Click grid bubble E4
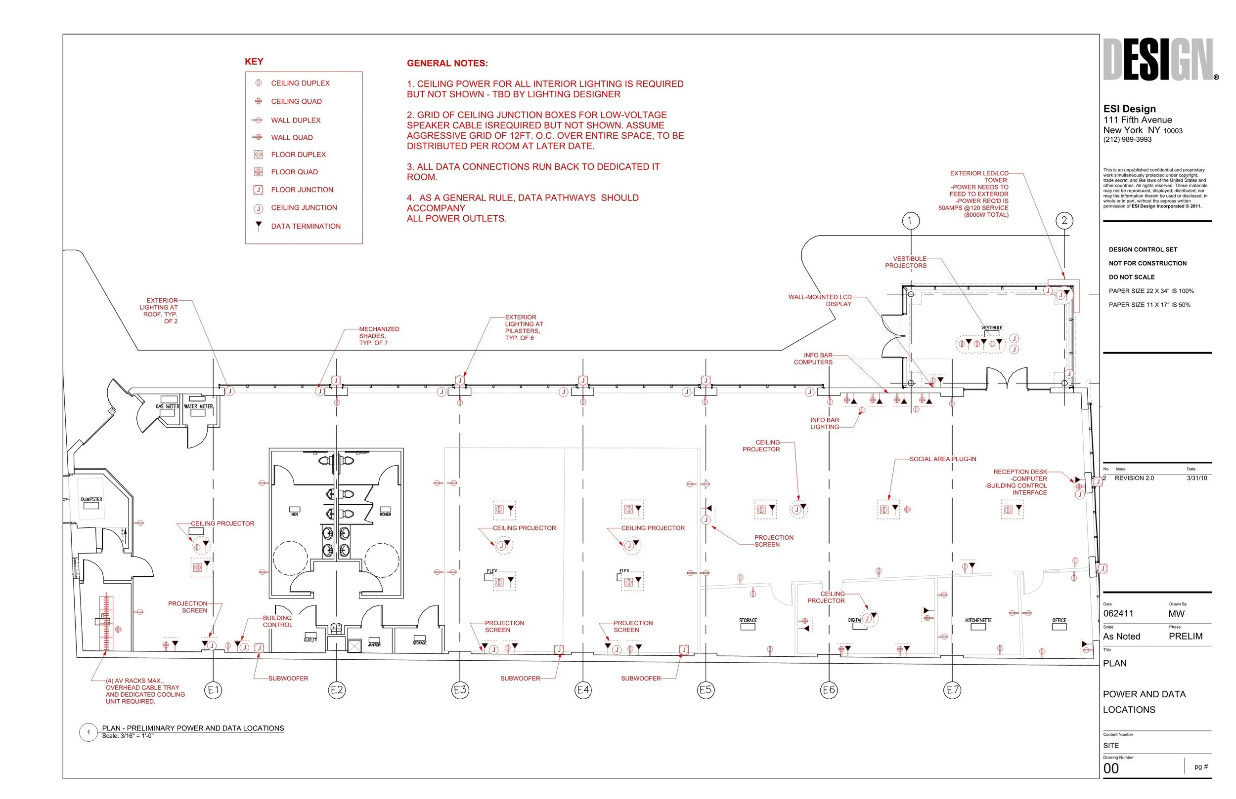pyautogui.click(x=583, y=690)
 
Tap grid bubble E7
pyautogui.click(x=952, y=690)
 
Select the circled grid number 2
pyautogui.click(x=1064, y=221)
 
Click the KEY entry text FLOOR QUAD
pyautogui.click(x=294, y=172)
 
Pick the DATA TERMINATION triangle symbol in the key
pyautogui.click(x=258, y=226)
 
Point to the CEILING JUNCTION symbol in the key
pyautogui.click(x=258, y=208)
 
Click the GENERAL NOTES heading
pyautogui.click(x=447, y=63)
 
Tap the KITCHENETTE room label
pyautogui.click(x=978, y=621)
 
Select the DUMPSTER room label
pyautogui.click(x=91, y=500)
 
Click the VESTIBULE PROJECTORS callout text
pyautogui.click(x=906, y=262)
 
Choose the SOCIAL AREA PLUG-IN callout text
pyautogui.click(x=943, y=459)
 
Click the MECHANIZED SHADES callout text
pyautogui.click(x=379, y=336)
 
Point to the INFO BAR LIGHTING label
pyautogui.click(x=824, y=423)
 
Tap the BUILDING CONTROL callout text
pyautogui.click(x=277, y=622)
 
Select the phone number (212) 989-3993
pyautogui.click(x=1127, y=140)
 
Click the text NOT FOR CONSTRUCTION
pyautogui.click(x=1148, y=264)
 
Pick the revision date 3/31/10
pyautogui.click(x=1196, y=479)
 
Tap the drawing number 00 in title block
pyautogui.click(x=1111, y=768)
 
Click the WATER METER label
pyautogui.click(x=198, y=407)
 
